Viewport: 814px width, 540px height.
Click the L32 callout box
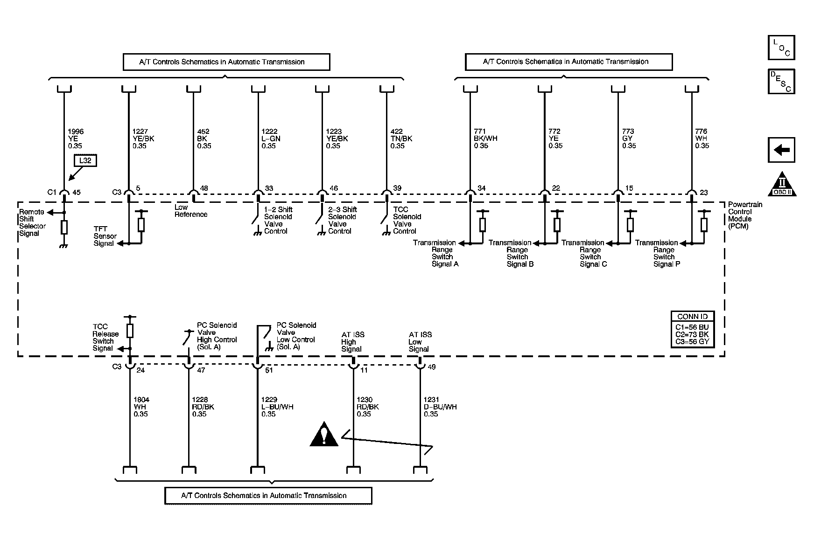(85, 161)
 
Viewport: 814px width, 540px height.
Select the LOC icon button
(781, 48)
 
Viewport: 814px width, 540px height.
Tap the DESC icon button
(781, 82)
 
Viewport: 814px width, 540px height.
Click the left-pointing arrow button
(781, 150)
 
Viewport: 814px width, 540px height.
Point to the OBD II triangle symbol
(782, 185)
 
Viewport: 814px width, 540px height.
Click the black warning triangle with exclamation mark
(324, 435)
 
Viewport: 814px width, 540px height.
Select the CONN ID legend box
(692, 329)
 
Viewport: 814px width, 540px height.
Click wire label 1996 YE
(76, 138)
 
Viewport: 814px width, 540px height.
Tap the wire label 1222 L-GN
(271, 138)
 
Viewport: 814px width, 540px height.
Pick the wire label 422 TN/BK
(401, 138)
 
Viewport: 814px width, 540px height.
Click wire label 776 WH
(702, 138)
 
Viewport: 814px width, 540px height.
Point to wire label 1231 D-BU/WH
(440, 407)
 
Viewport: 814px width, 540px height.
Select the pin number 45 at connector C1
(77, 192)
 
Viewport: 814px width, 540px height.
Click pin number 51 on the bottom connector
(269, 370)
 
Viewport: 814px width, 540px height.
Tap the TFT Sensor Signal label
(105, 236)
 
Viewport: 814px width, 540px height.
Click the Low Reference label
(190, 211)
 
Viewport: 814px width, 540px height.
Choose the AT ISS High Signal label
(352, 342)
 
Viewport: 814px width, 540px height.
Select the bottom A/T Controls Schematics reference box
(268, 496)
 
